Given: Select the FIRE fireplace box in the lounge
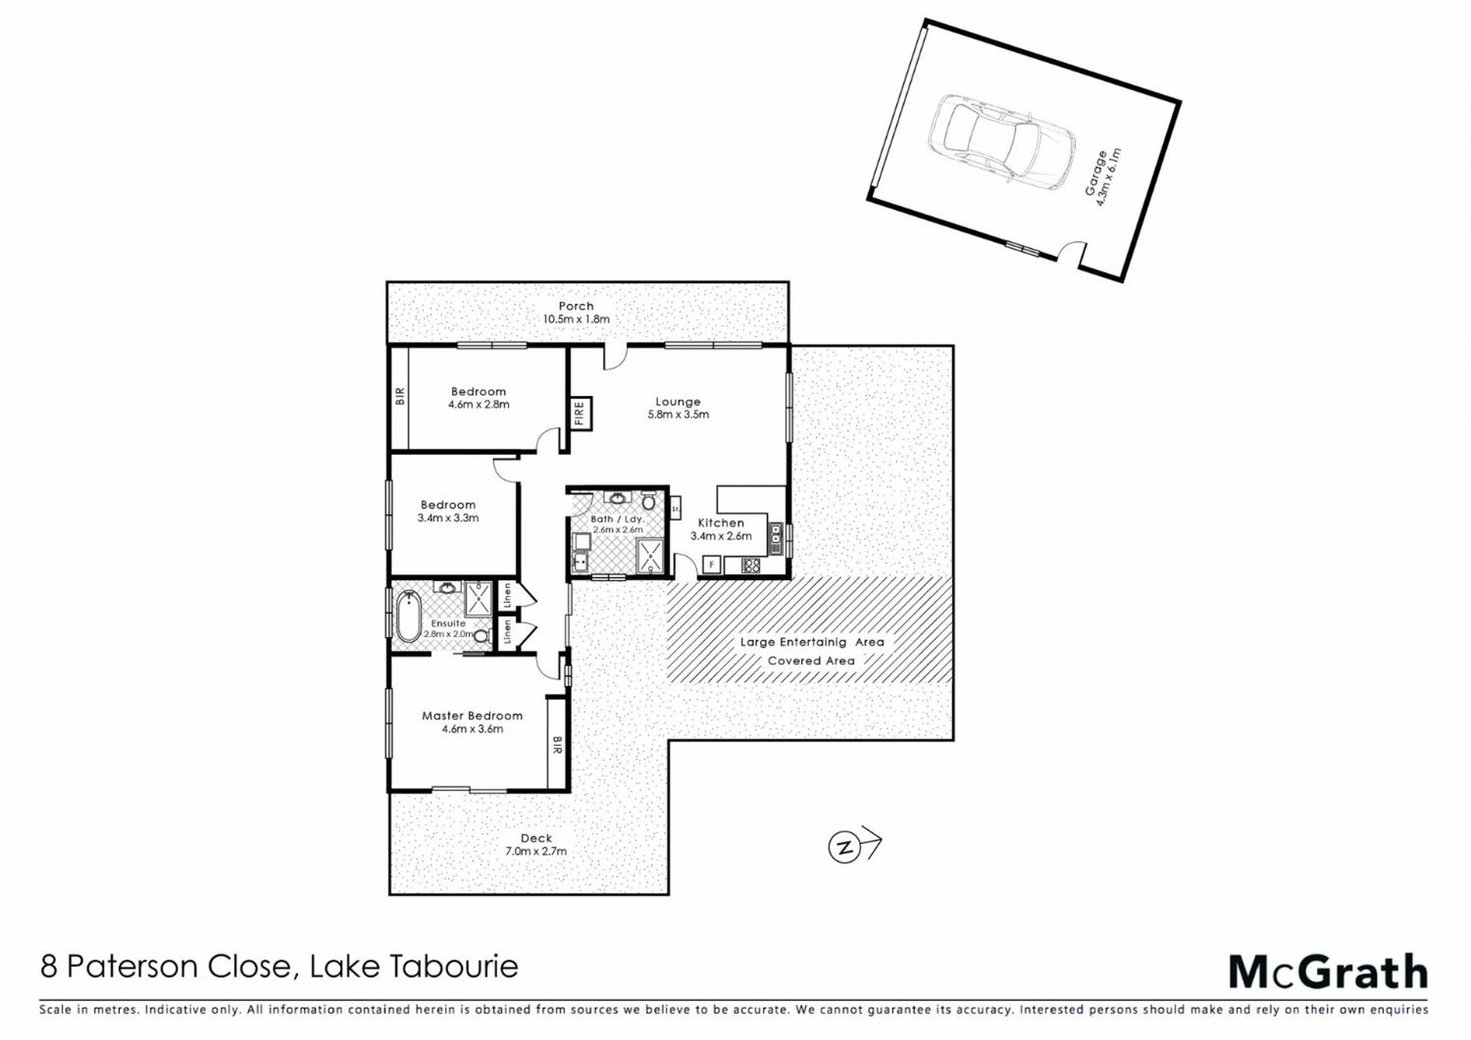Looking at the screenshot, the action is coord(580,414).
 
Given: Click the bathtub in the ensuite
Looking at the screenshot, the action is coord(408,616).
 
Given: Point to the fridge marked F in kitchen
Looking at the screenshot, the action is coord(711,565).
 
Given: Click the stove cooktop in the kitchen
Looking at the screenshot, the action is coord(751,566).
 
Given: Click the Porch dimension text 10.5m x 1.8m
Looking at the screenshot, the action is coord(576,319).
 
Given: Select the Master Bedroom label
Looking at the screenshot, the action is coord(472,715).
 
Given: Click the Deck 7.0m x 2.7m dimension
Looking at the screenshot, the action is coord(536,851).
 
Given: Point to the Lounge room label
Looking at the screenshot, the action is coord(677,401).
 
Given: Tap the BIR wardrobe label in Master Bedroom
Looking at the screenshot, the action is coord(557,745).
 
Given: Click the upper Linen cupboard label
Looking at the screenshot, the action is coord(506,595).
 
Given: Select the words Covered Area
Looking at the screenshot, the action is coord(811,660).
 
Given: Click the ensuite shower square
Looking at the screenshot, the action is coord(478,597).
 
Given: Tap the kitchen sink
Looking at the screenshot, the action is coord(775,538).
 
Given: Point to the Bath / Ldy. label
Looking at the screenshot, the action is coord(618,518).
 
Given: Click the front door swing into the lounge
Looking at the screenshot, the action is coord(615,358).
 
